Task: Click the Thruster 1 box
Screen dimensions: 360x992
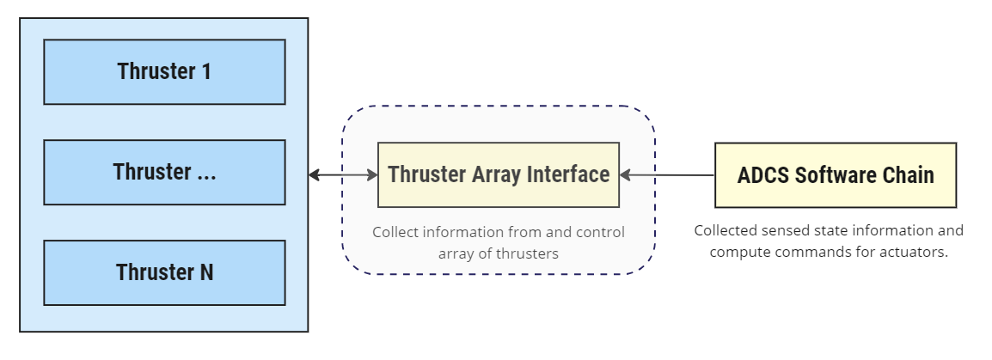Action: coord(164,71)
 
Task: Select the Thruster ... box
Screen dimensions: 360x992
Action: coord(164,172)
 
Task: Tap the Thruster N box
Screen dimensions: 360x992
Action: coord(164,272)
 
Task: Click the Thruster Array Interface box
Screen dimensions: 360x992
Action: coord(499,174)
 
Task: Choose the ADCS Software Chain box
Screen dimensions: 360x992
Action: coord(835,174)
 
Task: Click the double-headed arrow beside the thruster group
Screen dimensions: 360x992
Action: coord(343,175)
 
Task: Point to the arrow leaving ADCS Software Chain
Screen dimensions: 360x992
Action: coord(667,175)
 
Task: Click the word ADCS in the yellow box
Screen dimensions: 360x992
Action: coord(763,175)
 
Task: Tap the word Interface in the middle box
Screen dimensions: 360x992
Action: coord(569,174)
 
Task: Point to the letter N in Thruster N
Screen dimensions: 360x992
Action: coord(206,272)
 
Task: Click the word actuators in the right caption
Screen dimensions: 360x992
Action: coord(913,253)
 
